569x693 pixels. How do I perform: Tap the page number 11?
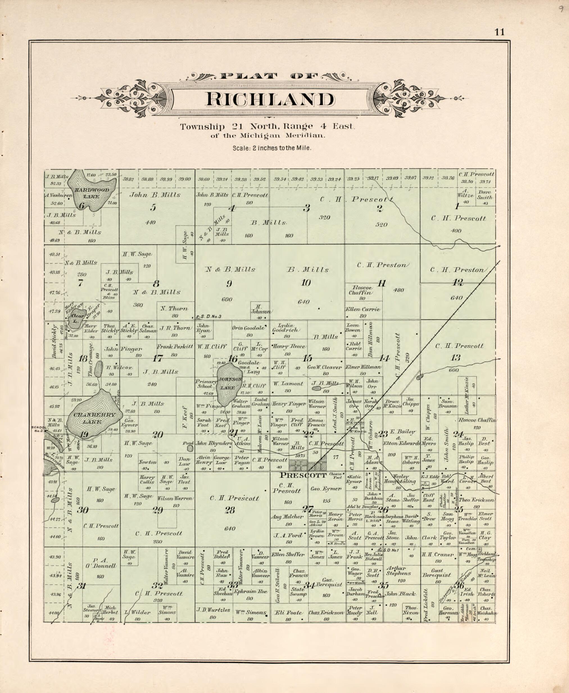[x=500, y=32]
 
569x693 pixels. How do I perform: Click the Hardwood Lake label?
[x=89, y=193]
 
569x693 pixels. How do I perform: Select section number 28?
[x=230, y=510]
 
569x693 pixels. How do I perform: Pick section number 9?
[x=229, y=284]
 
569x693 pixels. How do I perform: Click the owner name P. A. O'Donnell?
[x=101, y=563]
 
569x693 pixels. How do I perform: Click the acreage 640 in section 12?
[x=456, y=298]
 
